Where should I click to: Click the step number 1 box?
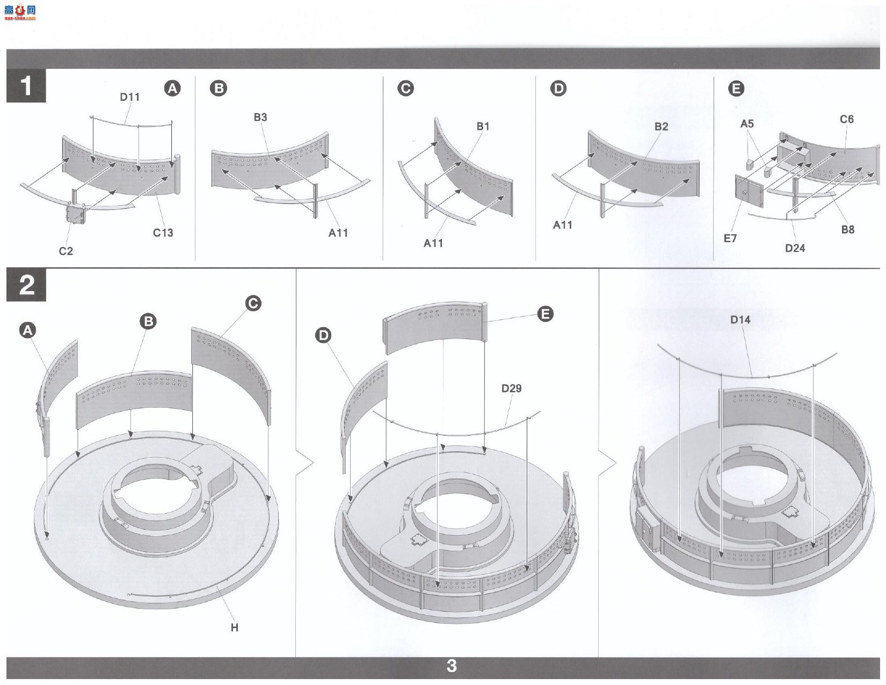point(26,85)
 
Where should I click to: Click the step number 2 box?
point(26,284)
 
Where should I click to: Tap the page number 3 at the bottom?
point(452,666)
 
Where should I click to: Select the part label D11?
point(129,97)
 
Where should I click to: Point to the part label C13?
point(163,233)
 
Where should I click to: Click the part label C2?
point(66,251)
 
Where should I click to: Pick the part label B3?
point(260,117)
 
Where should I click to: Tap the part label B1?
point(483,126)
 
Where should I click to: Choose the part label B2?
point(661,126)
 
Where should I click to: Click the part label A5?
point(747,124)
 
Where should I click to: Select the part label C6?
point(846,119)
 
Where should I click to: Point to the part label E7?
point(730,238)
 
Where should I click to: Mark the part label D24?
point(795,248)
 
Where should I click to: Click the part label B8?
point(848,229)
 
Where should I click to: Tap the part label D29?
point(511,388)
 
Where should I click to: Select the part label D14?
point(740,320)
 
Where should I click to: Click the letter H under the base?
point(235,628)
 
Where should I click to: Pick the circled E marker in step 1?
point(736,89)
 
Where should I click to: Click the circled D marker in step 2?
point(323,335)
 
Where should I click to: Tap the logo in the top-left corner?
point(19,12)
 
